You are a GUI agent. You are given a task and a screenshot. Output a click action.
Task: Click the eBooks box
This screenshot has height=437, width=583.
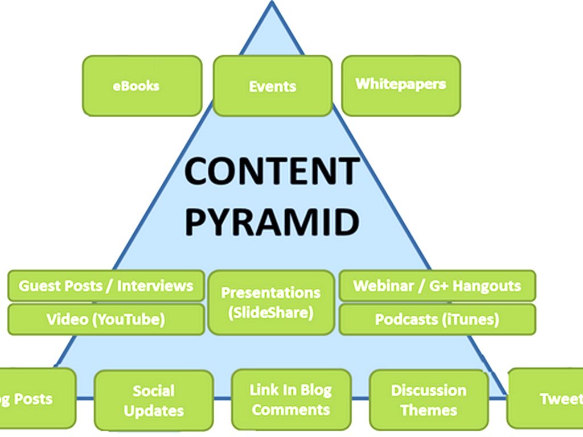tap(142, 86)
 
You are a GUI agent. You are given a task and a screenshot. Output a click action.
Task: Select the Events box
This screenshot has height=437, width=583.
tap(273, 86)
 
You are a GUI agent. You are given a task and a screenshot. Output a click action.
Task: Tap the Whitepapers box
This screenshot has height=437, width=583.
tap(401, 85)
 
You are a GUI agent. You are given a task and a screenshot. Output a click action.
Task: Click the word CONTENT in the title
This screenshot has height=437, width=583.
tap(272, 171)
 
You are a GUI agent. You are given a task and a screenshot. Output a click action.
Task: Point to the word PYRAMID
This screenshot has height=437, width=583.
tap(272, 222)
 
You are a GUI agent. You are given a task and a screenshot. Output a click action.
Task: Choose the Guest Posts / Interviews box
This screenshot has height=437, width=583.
tap(106, 286)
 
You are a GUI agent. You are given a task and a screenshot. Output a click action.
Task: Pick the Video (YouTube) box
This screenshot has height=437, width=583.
tap(106, 319)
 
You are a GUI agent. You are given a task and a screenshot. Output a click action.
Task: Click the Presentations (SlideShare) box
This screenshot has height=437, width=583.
tap(271, 302)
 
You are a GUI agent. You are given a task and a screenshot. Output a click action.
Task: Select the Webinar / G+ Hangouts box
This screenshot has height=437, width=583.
tap(437, 286)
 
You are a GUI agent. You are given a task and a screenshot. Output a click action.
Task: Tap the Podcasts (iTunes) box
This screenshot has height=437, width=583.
tap(437, 319)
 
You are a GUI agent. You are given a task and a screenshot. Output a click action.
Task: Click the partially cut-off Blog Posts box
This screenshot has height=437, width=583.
tap(34, 398)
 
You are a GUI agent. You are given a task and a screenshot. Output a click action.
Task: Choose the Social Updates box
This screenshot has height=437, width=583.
tap(154, 401)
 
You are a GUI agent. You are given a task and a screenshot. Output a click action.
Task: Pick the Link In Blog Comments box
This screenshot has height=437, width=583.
tap(291, 399)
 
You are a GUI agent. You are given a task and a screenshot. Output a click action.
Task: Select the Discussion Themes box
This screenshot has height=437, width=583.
tap(429, 400)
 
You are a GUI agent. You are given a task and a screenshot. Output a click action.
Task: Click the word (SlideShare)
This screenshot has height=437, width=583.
tap(270, 312)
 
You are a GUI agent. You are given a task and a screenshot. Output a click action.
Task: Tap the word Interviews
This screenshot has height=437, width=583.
tap(155, 286)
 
